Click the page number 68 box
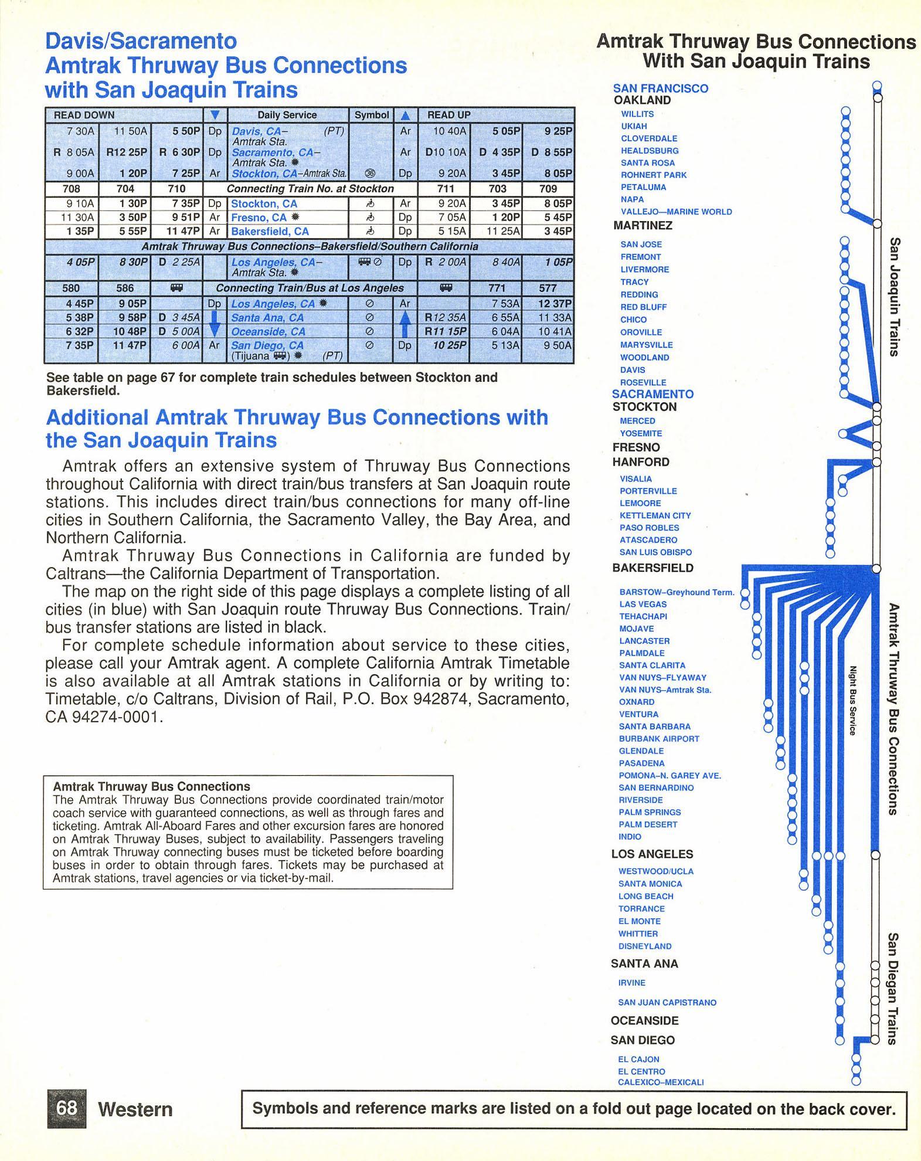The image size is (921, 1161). (66, 1108)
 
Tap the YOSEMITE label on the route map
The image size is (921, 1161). (641, 433)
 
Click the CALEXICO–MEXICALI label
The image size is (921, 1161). (661, 1082)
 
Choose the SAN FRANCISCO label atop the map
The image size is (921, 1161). (660, 89)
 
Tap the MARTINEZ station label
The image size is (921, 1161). (643, 225)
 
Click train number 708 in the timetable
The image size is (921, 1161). (72, 189)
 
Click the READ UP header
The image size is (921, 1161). (448, 115)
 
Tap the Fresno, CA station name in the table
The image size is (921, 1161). (259, 218)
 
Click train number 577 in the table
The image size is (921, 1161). (548, 288)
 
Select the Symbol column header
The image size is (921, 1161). (372, 115)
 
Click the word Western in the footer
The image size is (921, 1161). (135, 1109)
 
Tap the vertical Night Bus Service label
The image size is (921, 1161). (853, 700)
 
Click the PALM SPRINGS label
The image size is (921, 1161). (650, 812)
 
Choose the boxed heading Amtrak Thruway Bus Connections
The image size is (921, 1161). (151, 786)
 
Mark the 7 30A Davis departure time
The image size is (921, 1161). (80, 131)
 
